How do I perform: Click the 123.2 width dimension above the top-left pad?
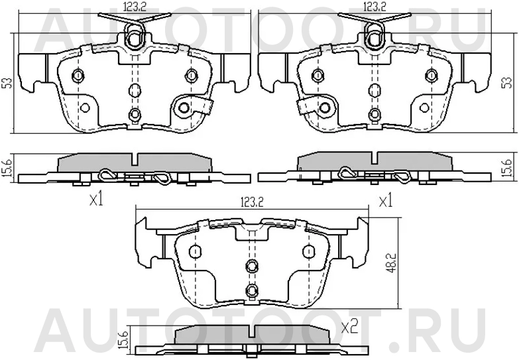click(135, 7)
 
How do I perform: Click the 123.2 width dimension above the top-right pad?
click(375, 7)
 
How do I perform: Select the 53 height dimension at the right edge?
click(506, 82)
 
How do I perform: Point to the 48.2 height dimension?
click(392, 261)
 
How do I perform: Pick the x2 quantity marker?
click(350, 328)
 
